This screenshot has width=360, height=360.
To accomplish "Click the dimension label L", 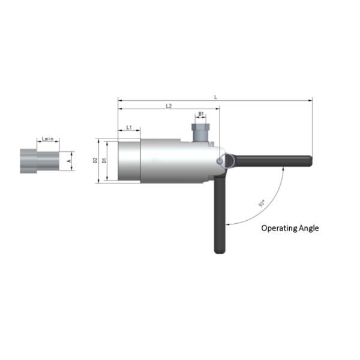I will (x=215, y=97).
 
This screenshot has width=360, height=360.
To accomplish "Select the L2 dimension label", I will (x=169, y=106).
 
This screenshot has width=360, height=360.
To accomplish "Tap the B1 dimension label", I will (x=201, y=113).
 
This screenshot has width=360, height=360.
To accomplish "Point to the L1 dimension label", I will (x=129, y=128).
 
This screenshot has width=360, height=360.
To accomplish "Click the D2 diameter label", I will (x=95, y=161).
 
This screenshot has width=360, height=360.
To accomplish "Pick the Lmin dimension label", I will (x=49, y=139).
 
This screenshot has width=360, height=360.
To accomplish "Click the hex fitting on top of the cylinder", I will (x=200, y=132).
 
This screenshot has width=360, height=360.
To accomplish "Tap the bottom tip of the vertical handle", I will (x=218, y=251).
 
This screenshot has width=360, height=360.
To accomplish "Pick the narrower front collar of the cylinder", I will (x=128, y=161).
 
